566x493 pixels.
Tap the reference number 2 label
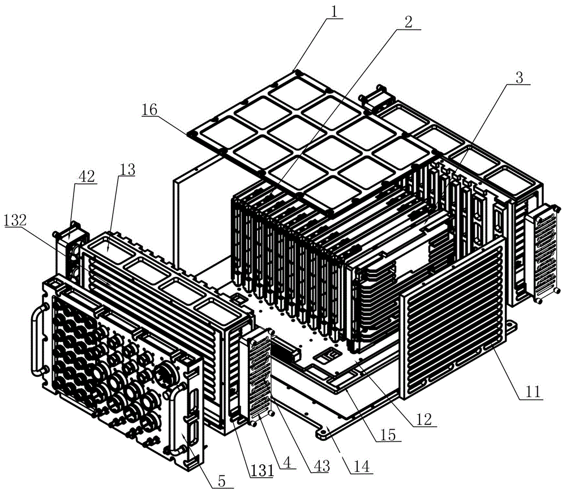(408, 22)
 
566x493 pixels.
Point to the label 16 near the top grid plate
(149, 109)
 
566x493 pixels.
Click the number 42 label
(87, 176)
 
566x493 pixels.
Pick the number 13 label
(127, 169)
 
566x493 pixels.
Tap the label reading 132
(15, 220)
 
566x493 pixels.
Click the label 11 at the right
(533, 391)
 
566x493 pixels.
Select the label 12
(424, 419)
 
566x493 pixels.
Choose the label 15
(388, 435)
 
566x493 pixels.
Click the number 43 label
(321, 466)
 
